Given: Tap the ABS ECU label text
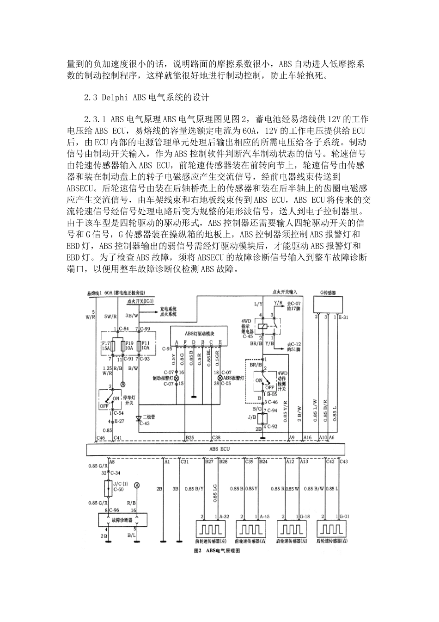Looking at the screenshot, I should (219, 449).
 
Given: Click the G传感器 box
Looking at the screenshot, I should (328, 304).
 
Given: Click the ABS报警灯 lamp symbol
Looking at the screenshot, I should (213, 378).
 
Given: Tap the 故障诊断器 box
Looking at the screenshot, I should (123, 519).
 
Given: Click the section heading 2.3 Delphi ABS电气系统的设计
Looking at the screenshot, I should (146, 98).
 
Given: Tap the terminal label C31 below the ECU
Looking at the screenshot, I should (185, 461).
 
